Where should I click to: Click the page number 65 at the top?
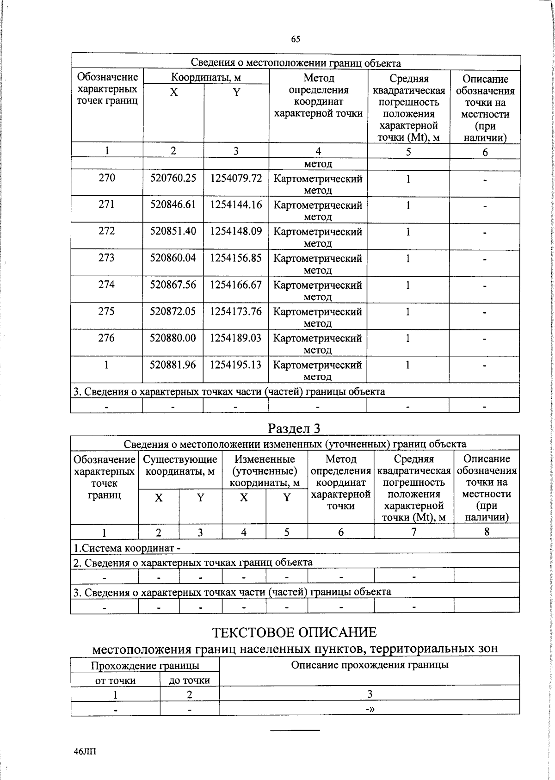coord(296,39)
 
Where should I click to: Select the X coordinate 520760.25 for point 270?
coord(173,178)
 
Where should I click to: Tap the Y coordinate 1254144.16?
coord(236,204)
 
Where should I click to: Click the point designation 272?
coord(106,231)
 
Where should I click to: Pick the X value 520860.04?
coord(173,258)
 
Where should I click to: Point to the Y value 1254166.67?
coord(236,285)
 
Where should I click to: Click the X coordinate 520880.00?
coord(173,338)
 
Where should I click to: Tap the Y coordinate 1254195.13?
coord(236,365)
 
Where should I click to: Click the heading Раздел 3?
coord(294,428)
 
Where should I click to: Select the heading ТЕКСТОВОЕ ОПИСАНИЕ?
coord(294,632)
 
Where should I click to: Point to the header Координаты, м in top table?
coord(206,77)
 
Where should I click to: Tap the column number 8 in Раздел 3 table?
coord(487,532)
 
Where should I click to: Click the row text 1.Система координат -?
coord(127,548)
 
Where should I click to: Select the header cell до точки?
coord(190,680)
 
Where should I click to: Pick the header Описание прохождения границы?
coord(370,665)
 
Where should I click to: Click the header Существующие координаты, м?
coord(180,465)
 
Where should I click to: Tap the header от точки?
coord(115,680)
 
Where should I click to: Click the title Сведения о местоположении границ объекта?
coord(296,63)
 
